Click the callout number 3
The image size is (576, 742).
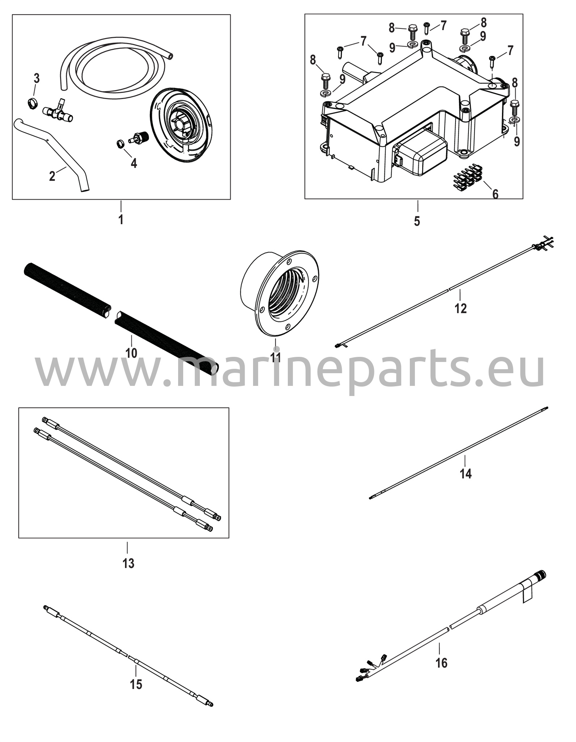(x=37, y=78)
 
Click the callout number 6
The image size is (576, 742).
(x=495, y=194)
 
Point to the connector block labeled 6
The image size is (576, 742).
(x=467, y=173)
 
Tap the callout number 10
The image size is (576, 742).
(x=131, y=353)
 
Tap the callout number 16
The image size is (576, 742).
(x=441, y=663)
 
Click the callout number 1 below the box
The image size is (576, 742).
(x=121, y=219)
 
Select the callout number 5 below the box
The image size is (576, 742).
(x=417, y=221)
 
